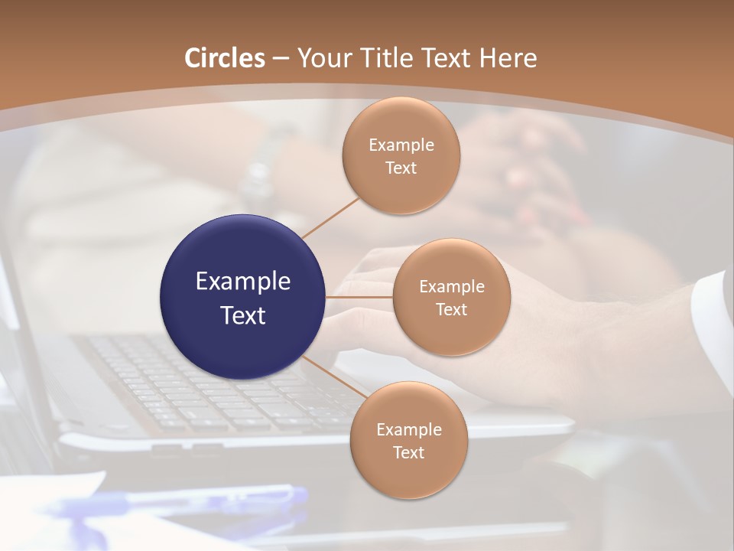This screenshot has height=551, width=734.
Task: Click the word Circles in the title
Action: pos(225,58)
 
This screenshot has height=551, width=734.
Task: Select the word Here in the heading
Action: pos(508,58)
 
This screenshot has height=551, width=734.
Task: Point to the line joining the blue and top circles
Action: pos(330,217)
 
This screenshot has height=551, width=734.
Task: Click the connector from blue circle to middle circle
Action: pos(359,297)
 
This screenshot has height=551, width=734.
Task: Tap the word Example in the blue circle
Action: pos(243,282)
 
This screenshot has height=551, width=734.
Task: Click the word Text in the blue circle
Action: pos(243,315)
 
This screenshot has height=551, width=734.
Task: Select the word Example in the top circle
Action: pos(401,145)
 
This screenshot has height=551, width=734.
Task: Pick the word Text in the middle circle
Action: pos(452,310)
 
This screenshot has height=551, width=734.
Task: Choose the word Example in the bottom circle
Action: pos(408,430)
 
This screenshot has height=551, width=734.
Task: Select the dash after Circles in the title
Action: pos(281,59)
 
